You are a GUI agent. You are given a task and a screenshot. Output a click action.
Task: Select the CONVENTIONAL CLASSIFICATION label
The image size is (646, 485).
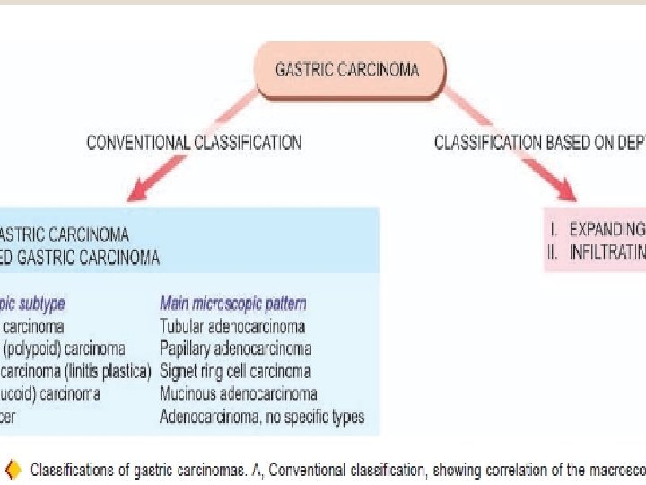[193, 142]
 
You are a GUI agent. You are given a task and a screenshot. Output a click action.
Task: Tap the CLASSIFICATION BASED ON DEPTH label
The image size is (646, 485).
[539, 142]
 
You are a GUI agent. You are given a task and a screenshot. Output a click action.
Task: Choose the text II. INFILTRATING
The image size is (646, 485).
[596, 252]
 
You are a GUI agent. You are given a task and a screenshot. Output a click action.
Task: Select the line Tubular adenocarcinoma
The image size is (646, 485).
[231, 326]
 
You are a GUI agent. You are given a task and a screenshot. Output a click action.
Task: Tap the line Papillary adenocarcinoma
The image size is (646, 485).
[235, 348]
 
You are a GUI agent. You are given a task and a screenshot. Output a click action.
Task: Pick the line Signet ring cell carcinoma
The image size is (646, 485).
[235, 371]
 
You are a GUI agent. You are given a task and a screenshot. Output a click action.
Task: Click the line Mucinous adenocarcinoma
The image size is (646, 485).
[238, 393]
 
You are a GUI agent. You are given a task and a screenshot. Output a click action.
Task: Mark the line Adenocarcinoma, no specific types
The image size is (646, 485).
[261, 417]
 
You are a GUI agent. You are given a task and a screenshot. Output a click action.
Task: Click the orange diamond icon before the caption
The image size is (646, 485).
[13, 469]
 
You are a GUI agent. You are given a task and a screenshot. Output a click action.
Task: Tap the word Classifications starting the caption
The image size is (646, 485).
[72, 469]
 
